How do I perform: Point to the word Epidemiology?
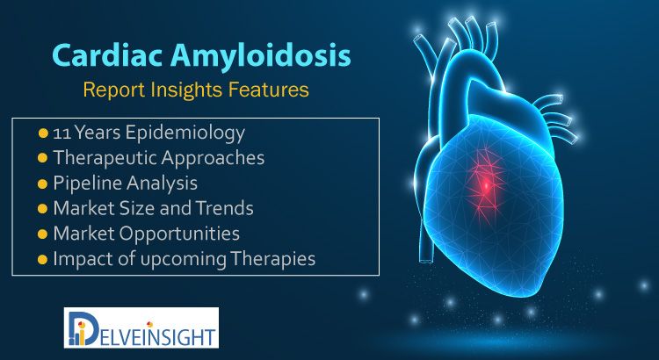185,133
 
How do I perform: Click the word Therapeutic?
105,158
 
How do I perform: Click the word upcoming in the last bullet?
184,259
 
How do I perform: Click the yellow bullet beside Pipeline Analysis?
42,184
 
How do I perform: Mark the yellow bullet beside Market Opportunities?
42,234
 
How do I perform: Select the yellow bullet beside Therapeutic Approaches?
42,158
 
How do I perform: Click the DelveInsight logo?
141,328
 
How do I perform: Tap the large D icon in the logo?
83,328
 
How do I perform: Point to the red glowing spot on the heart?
486,184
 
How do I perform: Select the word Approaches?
213,159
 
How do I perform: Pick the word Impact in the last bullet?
76,260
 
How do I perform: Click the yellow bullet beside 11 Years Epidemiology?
42,133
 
